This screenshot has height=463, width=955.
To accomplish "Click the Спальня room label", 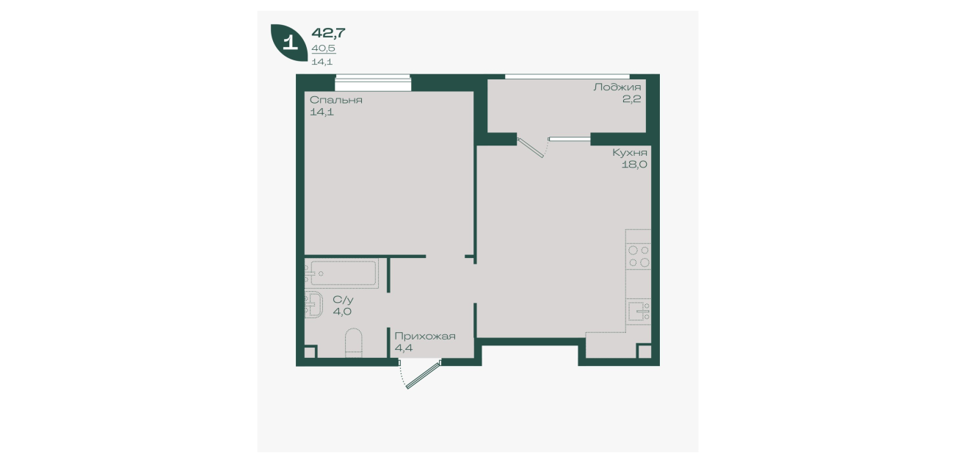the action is click(336, 100).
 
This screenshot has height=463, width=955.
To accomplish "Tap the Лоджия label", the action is click(617, 87).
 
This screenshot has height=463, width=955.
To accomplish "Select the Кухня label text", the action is click(629, 152).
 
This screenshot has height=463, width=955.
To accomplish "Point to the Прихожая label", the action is click(425, 337).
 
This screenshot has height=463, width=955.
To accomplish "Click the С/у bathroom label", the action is click(343, 300).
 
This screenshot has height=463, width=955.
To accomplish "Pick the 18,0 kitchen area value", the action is click(634, 165).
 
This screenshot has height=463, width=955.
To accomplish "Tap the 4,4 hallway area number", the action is click(403, 348).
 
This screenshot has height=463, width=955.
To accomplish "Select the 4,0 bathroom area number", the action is click(342, 312).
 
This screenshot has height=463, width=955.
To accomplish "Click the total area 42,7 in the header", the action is click(328, 32).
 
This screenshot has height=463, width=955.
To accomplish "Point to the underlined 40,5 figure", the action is click(323, 49).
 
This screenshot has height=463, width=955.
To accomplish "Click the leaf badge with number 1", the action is click(289, 42).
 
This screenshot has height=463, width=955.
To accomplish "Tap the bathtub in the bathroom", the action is click(342, 273).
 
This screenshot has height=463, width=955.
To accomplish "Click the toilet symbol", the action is click(353, 342).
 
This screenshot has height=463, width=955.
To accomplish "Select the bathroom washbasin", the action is click(313, 304).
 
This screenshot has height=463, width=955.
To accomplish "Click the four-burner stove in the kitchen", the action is click(638, 256).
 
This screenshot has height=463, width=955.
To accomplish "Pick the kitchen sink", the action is click(639, 311).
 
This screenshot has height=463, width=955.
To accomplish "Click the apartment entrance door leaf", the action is click(424, 375).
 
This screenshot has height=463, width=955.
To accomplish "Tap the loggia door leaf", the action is click(531, 148).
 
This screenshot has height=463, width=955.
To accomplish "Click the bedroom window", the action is click(373, 83).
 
